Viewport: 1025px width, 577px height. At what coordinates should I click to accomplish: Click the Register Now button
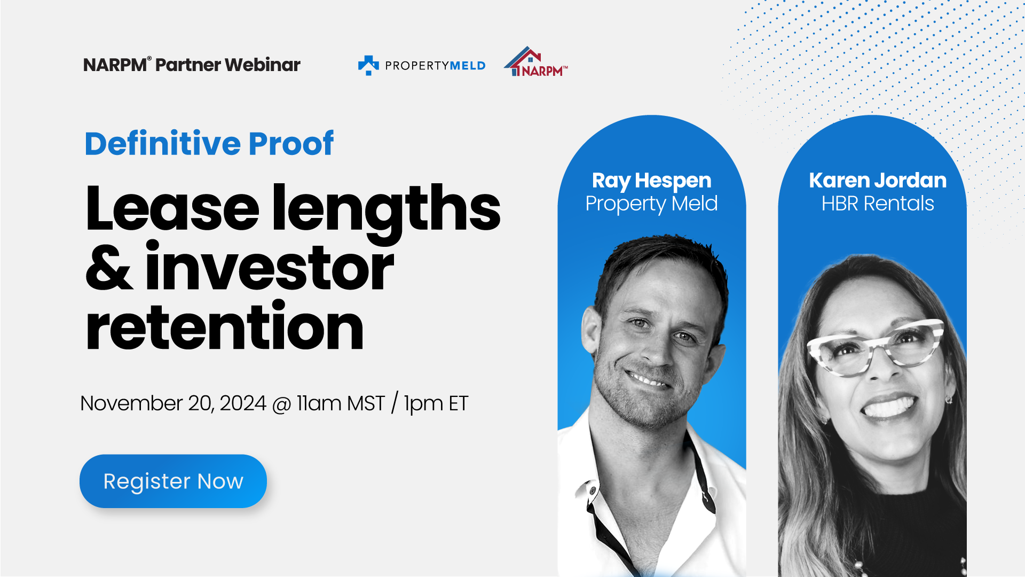[173, 481]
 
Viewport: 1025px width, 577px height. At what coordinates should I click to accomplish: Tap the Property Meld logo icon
[368, 65]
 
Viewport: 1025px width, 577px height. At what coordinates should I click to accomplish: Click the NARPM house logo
[536, 61]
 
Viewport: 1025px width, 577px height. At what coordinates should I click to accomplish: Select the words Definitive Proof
[209, 143]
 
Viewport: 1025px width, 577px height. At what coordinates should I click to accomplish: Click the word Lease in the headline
[172, 208]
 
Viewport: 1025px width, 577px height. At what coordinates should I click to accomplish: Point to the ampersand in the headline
[109, 268]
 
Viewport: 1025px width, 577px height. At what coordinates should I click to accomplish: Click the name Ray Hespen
[652, 181]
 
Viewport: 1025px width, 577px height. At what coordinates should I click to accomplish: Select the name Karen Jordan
[878, 181]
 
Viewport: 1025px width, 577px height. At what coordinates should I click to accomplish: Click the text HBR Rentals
[878, 204]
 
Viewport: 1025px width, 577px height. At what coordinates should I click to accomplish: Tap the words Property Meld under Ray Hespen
[652, 204]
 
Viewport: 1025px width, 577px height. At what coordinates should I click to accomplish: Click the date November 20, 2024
[173, 403]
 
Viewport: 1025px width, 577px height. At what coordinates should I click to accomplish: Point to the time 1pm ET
[436, 404]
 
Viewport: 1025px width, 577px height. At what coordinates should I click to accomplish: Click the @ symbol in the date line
[281, 404]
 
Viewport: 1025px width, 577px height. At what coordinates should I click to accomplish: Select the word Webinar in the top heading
[263, 65]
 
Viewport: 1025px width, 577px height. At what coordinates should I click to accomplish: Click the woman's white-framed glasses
[876, 346]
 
